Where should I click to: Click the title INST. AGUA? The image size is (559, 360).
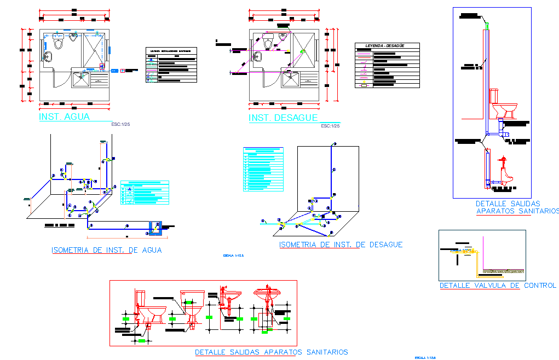[x=64, y=117]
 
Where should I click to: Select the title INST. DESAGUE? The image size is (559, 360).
[x=283, y=118]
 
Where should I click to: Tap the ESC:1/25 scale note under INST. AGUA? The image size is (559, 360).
[x=120, y=125]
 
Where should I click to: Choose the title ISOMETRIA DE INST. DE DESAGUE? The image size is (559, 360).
[x=341, y=245]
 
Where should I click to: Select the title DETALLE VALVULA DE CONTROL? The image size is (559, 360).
[x=497, y=286]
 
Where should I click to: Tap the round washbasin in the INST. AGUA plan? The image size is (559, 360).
[x=48, y=56]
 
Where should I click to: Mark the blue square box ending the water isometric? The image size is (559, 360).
[x=157, y=228]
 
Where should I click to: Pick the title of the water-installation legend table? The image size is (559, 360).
[x=170, y=50]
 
